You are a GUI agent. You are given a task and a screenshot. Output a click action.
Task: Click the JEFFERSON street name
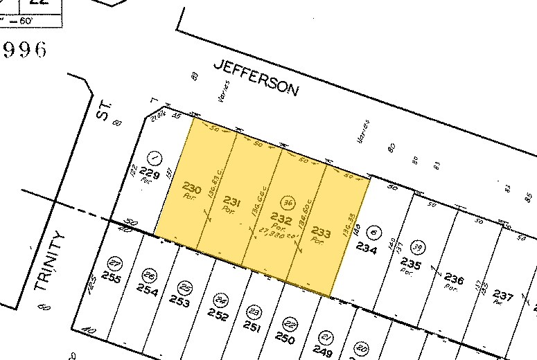pos(256,78)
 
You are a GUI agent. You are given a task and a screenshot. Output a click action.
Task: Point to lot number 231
pos(232,202)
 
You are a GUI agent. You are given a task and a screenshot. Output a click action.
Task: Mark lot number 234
pos(366,249)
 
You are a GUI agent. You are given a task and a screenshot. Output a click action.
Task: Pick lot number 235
pos(411,264)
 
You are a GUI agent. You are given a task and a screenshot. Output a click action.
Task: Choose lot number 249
pos(322,351)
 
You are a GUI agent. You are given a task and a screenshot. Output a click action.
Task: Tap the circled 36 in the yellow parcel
pos(290,204)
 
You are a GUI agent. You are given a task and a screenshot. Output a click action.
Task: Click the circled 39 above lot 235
pos(418,247)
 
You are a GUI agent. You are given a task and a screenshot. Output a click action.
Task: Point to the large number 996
pos(25,50)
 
